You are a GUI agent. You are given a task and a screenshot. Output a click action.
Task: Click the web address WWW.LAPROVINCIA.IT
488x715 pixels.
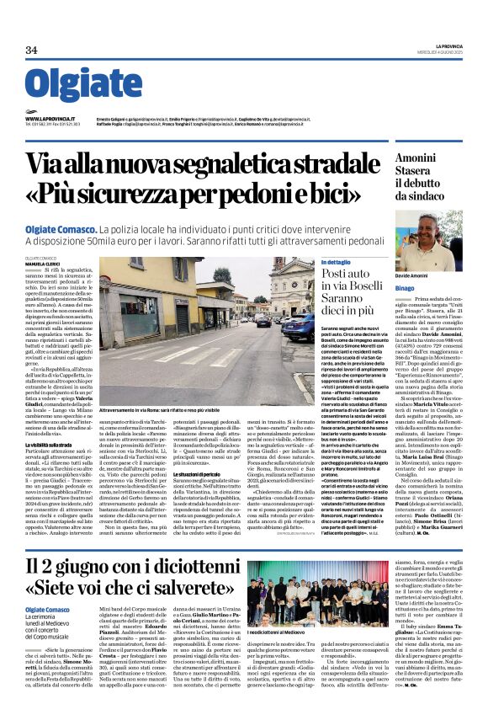tap(50, 120)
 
